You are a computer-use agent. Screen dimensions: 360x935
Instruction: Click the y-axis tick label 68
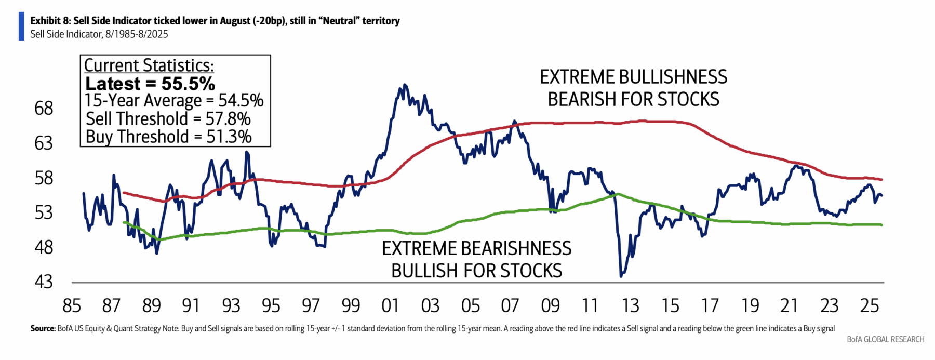(44, 108)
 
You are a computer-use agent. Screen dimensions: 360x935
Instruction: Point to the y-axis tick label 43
(44, 282)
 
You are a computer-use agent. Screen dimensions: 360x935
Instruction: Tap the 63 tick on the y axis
(44, 143)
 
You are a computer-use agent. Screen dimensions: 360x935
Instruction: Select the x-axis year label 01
(390, 305)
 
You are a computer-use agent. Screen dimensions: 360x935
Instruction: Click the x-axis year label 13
(630, 305)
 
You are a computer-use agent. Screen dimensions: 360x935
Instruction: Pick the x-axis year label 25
(869, 305)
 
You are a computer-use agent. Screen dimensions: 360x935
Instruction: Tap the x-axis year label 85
(71, 305)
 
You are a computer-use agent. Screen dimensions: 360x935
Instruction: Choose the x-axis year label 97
(311, 305)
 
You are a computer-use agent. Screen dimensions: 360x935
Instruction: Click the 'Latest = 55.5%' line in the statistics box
(150, 84)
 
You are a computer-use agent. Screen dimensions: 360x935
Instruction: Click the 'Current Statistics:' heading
(149, 65)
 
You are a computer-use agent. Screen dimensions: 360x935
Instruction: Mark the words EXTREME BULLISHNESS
(633, 77)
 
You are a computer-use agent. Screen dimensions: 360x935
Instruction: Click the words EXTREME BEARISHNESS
(476, 248)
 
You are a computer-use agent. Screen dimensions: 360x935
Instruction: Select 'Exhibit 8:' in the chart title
(50, 21)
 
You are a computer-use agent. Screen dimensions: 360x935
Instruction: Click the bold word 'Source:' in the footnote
(43, 328)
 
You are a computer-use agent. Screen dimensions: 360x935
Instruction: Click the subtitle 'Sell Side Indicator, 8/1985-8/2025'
(99, 34)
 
